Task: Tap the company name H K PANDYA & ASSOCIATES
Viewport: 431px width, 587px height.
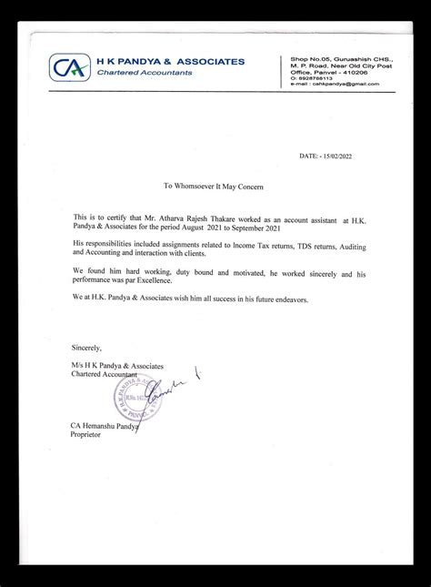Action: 170,62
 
